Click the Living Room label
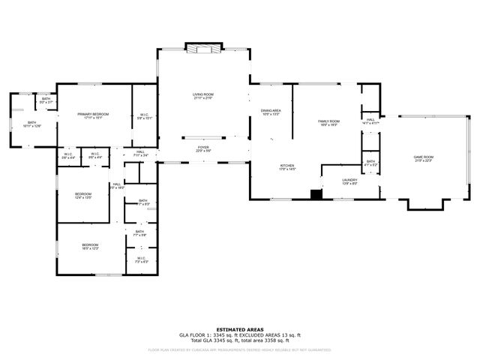pos(203,96)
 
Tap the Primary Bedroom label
pos(94,115)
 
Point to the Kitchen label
pos(287,167)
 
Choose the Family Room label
pos(328,122)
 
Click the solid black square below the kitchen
pos(316,194)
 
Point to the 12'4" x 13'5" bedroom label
pos(82,196)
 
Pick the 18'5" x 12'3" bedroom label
pos(90,247)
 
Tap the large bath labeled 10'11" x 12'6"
pos(32,124)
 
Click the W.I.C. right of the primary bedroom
pos(145,116)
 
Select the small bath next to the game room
pos(370,163)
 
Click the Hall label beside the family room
pos(370,121)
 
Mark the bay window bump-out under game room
pos(424,203)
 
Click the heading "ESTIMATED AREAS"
pos(239,329)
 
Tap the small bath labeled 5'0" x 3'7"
pos(46,100)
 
